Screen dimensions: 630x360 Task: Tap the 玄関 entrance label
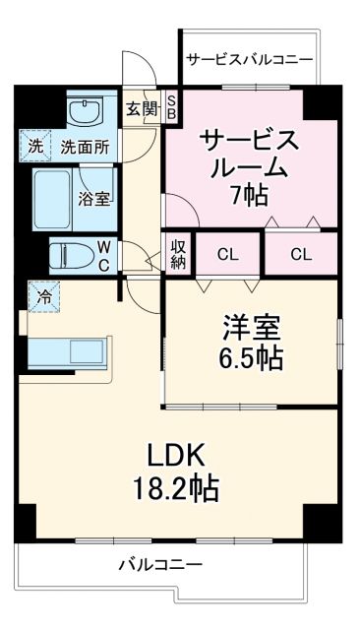point(141,108)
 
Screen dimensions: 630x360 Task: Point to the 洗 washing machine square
point(35,148)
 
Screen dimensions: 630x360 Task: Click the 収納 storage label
point(178,254)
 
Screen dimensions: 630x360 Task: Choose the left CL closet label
point(227,255)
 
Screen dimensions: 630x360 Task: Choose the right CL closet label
point(301,255)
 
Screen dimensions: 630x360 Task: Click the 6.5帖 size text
point(250,357)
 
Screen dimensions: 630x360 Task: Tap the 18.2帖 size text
point(176,486)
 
